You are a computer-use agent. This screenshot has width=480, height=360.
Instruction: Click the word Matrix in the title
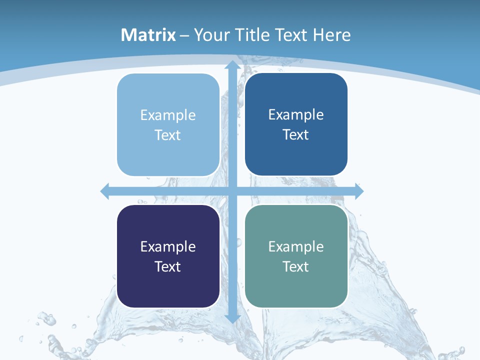[x=148, y=35]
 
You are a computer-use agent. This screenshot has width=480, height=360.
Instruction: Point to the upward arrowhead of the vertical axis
[x=232, y=65]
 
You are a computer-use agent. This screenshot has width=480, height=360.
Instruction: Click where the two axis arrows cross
[x=232, y=191]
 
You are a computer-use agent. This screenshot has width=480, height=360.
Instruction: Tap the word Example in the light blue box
[x=168, y=115]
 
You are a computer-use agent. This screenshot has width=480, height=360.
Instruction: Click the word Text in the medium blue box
[x=296, y=135]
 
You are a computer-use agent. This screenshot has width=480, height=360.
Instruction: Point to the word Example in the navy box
[x=168, y=247]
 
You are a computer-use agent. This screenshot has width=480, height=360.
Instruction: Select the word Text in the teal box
[x=296, y=266]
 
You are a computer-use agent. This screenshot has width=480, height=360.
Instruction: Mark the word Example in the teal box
[x=296, y=246]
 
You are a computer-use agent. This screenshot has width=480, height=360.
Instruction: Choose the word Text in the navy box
[x=168, y=266]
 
